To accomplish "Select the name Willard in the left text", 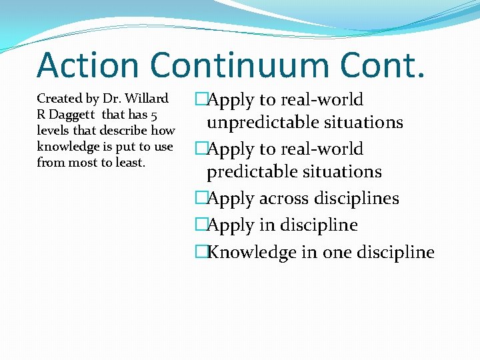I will pyautogui.click(x=147, y=99).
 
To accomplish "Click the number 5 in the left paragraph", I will pyautogui.click(x=153, y=115).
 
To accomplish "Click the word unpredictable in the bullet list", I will pyautogui.click(x=257, y=123).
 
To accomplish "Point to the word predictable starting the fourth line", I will pyautogui.click(x=247, y=172).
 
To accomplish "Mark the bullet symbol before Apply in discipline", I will pyautogui.click(x=201, y=225).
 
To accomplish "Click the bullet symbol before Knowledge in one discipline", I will pyautogui.click(x=201, y=252).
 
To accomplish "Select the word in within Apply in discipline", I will pyautogui.click(x=269, y=225).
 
